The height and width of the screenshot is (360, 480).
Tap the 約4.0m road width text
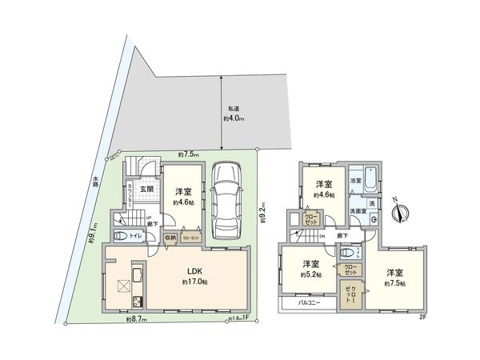point(233,119)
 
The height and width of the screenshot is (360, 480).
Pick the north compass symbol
point(402,211)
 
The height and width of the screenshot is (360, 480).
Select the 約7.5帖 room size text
point(394,283)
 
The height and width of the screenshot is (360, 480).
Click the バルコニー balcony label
point(310,304)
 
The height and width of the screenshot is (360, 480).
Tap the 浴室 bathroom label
point(355,182)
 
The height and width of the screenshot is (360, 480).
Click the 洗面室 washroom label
point(358,210)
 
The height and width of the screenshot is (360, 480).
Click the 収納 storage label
point(170,238)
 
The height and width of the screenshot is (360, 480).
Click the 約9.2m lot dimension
point(262,214)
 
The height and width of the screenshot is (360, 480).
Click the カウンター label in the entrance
point(130,194)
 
